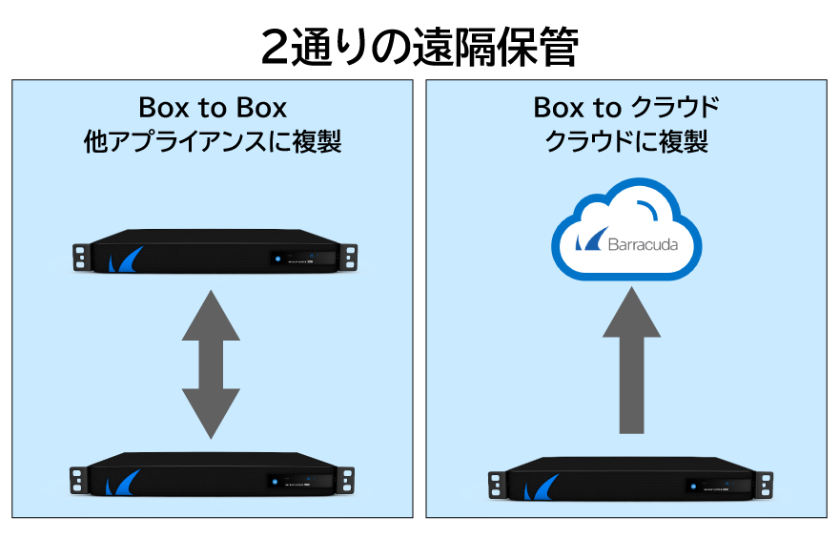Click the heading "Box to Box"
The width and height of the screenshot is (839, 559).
(213, 107)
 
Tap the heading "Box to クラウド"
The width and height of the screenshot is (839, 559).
(626, 107)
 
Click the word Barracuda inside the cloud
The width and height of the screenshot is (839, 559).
(643, 244)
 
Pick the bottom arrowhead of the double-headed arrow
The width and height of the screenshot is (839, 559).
(212, 412)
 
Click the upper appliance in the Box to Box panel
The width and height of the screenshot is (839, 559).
(215, 252)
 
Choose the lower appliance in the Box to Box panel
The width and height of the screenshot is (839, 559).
(215, 474)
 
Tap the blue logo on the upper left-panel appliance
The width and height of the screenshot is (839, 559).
(125, 260)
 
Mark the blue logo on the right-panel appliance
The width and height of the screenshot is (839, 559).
(539, 488)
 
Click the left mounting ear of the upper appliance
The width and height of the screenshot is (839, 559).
(80, 256)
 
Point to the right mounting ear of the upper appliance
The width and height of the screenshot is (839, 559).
(350, 256)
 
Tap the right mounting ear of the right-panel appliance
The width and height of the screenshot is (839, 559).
(763, 482)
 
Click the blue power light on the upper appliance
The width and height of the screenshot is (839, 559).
(275, 258)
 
